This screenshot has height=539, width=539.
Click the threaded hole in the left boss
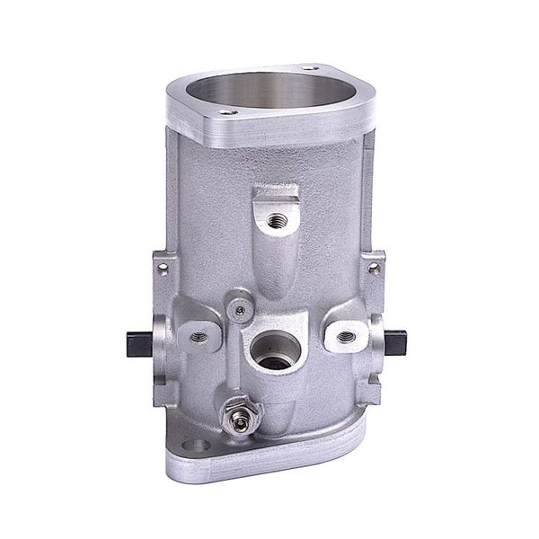click(199, 337)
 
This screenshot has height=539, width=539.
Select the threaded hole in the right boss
click(343, 337)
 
